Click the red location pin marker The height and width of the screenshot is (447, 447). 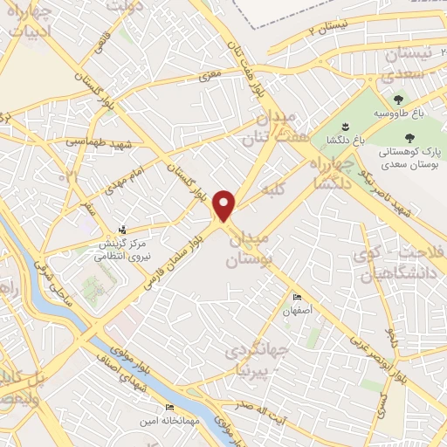click(x=225, y=205)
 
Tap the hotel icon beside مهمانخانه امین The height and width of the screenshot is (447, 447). click(x=169, y=408)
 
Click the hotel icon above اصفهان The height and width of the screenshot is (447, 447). click(x=296, y=298)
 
